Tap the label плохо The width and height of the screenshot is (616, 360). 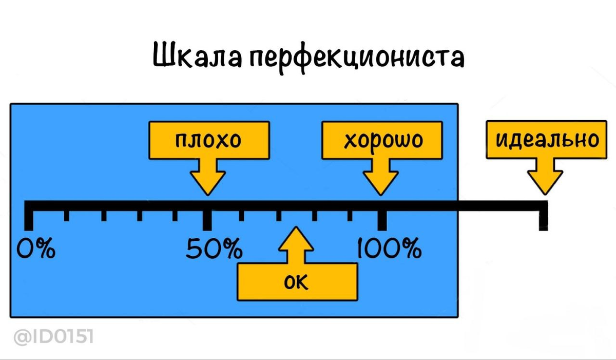(208, 140)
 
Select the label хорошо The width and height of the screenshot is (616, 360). (383, 140)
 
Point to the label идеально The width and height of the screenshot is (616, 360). (546, 139)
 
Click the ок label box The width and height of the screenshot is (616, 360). (296, 281)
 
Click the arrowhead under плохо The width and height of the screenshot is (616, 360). (208, 182)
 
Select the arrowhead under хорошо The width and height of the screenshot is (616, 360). (381, 182)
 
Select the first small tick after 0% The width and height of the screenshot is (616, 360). (66, 215)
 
